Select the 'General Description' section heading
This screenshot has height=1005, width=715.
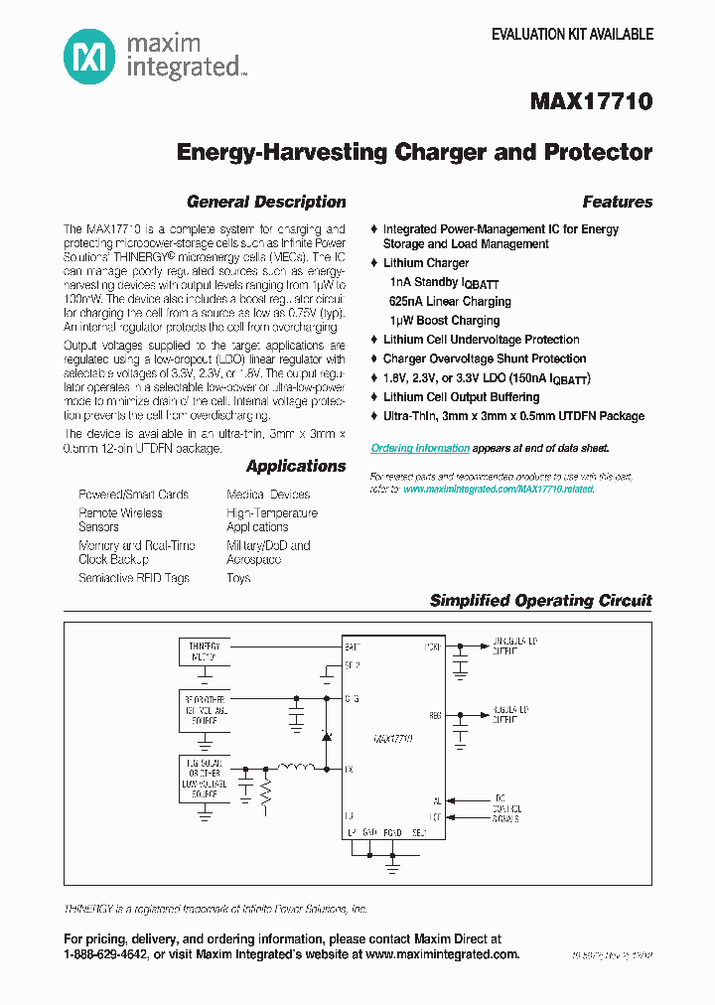266,202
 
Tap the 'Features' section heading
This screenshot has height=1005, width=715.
617,202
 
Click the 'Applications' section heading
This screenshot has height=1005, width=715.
296,466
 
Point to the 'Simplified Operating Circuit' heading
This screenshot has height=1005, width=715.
540,600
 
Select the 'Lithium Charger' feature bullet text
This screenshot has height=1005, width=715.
426,263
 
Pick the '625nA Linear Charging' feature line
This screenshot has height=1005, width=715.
450,301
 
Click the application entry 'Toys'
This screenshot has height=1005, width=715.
238,578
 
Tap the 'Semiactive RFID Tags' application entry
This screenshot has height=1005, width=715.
134,578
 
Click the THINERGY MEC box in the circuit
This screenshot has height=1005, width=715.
205,651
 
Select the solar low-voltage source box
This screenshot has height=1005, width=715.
205,777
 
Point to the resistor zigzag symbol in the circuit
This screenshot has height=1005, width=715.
265,790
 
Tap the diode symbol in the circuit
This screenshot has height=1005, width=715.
324,735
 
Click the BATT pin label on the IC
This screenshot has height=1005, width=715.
353,647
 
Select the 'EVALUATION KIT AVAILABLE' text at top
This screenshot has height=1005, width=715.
572,34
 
